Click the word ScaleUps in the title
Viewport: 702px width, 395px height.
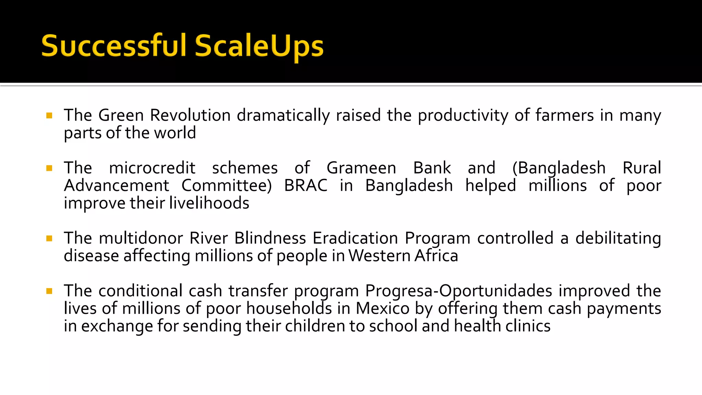point(259,46)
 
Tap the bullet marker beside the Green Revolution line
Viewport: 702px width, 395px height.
point(49,116)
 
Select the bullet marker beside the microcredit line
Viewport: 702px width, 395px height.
point(49,168)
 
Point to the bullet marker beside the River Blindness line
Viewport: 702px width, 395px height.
point(49,238)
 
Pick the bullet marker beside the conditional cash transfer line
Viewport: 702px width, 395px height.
point(49,291)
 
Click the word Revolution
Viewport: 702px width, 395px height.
point(190,115)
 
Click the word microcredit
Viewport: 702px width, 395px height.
point(152,168)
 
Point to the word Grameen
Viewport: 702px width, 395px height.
point(361,168)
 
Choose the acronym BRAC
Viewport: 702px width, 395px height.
point(306,185)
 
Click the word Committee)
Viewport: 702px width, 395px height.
point(227,185)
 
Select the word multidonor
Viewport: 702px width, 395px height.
point(141,238)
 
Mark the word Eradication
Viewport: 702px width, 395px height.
point(355,238)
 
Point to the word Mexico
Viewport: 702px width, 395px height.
point(383,309)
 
